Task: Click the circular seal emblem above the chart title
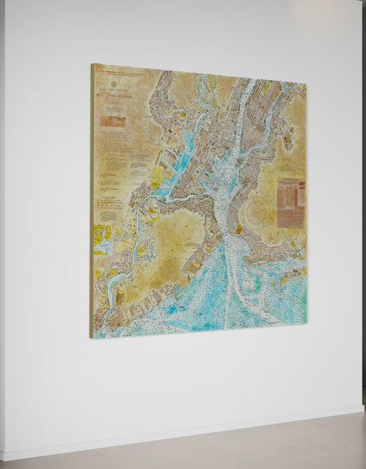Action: coord(114,84)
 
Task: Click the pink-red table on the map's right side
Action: coord(291,202)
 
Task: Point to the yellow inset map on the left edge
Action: coord(102,239)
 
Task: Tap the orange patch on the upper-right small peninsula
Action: coord(288,138)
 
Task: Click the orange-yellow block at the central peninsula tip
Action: coord(239,230)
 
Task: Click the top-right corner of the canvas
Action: coord(306,83)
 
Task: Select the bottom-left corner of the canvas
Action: coord(90,338)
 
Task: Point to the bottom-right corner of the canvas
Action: coord(306,324)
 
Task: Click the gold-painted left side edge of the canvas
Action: coord(92,202)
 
